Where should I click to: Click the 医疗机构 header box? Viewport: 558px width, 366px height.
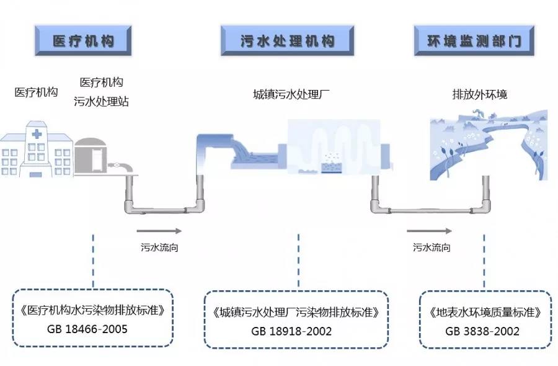coord(84,42)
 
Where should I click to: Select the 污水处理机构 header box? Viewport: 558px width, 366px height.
coord(287,42)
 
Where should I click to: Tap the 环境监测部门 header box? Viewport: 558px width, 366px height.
coord(474,42)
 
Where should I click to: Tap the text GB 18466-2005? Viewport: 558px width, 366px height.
coord(91,329)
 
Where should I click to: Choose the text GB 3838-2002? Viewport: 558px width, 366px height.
coord(482,331)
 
